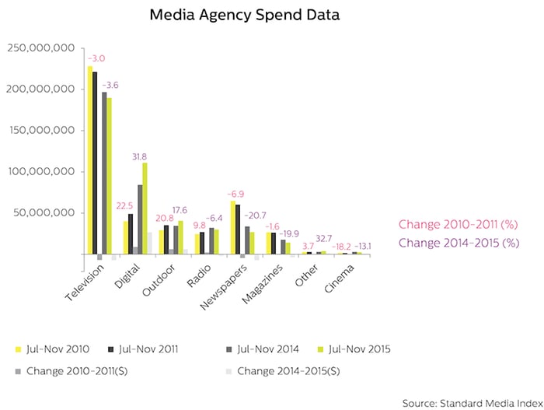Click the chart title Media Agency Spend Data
click(233, 15)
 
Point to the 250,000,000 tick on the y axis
click(40, 48)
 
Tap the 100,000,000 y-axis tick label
click(40, 171)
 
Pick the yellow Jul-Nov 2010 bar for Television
click(89, 159)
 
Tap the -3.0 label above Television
click(96, 58)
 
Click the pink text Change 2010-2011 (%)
click(458, 225)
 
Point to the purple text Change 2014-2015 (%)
click(458, 243)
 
